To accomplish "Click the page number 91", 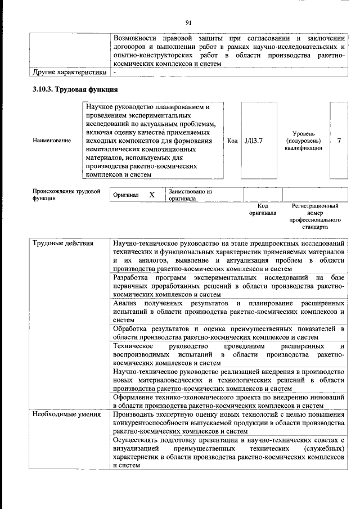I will [x=188, y=22].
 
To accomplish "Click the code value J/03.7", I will [x=254, y=140].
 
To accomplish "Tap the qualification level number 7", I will [x=339, y=140].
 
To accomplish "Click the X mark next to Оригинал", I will [x=151, y=195].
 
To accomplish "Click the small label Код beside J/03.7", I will [x=232, y=140].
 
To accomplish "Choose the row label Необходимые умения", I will [x=62, y=414].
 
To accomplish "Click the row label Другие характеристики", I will [x=69, y=72].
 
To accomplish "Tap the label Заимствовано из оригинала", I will [x=190, y=195].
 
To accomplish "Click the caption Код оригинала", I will [x=262, y=210].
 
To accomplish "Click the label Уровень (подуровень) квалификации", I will [x=304, y=140].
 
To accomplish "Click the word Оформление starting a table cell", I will [x=136, y=397].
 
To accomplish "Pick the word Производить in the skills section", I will [x=136, y=414].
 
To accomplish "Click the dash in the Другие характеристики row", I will [x=115, y=72].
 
